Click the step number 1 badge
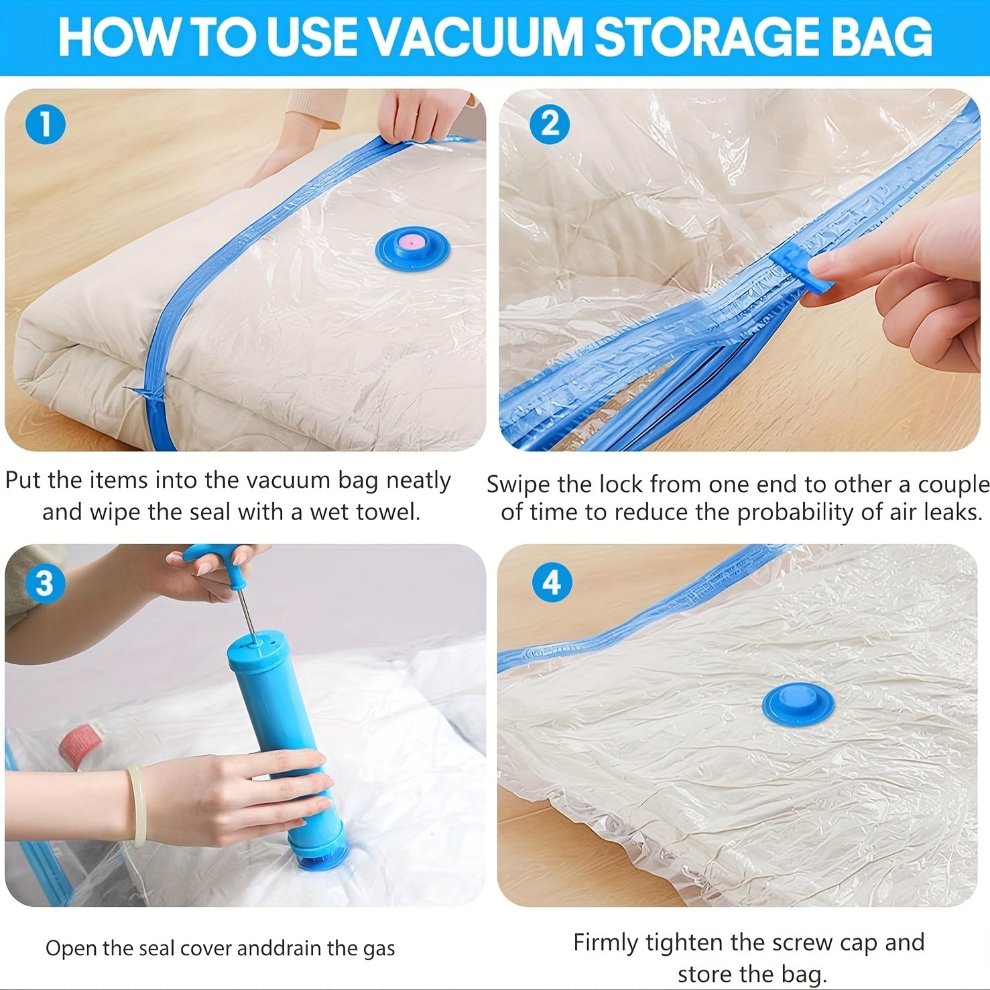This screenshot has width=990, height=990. [45, 125]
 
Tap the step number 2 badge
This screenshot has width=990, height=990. [550, 124]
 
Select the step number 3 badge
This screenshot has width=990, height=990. [44, 582]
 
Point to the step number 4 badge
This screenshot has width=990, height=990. [551, 582]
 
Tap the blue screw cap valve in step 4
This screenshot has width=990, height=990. [798, 704]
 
